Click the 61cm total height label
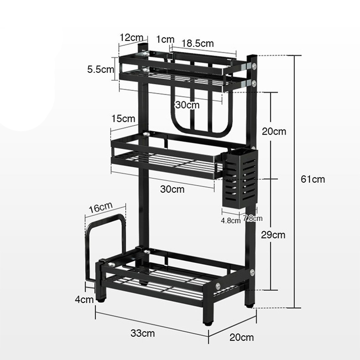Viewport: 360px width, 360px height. pos(313,179)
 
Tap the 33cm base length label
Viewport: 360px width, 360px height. pos(143,333)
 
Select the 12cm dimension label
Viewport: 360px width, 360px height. pos(131,37)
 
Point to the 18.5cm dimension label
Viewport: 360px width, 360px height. pos(198,43)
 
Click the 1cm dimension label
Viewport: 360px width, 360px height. pos(165,39)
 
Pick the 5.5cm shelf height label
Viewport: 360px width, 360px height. pos(100,69)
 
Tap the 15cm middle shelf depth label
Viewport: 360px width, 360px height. pos(123,118)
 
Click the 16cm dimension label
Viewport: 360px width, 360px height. pos(101,207)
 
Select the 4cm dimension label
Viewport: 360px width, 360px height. pos(84,299)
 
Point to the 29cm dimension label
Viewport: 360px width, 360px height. pos(273,235)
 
